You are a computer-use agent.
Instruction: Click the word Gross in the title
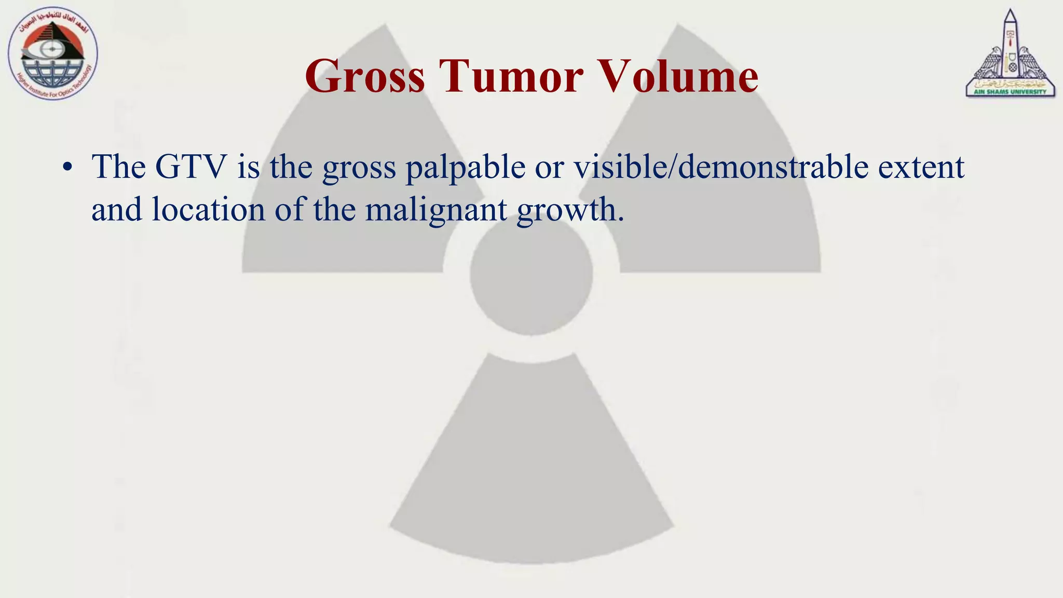[x=365, y=77]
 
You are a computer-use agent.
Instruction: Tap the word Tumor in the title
[x=511, y=77]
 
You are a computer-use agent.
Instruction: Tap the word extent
[x=921, y=167]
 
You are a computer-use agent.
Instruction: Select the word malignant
[x=436, y=211]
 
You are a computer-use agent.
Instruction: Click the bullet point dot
[x=66, y=168]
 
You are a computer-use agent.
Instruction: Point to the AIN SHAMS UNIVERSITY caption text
[x=1010, y=92]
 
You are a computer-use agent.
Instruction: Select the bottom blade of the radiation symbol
[x=531, y=467]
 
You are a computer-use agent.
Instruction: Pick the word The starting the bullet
[x=119, y=167]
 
